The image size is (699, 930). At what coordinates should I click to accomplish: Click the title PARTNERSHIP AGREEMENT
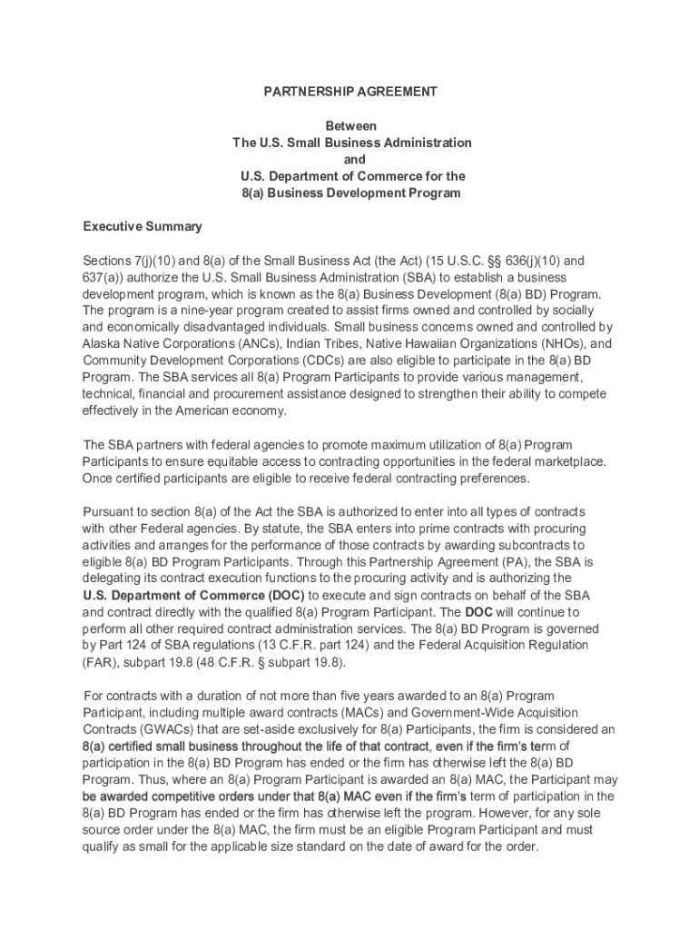pos(350,92)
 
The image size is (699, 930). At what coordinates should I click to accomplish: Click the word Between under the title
pos(351,126)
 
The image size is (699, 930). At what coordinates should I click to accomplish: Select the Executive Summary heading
pos(143,226)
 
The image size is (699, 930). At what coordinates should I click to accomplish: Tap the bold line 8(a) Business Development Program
pos(350,193)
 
